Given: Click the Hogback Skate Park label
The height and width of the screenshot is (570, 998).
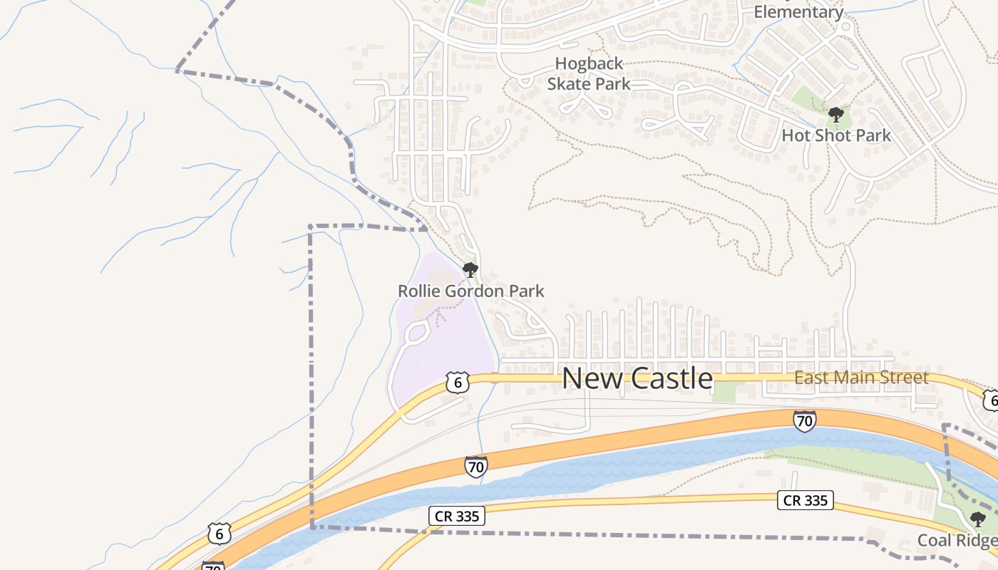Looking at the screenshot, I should [589, 74].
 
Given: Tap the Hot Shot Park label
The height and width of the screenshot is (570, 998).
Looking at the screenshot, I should [836, 135].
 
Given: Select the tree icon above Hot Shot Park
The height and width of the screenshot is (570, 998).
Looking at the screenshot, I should [836, 115].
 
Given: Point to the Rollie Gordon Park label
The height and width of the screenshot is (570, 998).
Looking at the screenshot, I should [470, 291].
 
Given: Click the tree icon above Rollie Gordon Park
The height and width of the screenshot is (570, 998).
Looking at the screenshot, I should [470, 270].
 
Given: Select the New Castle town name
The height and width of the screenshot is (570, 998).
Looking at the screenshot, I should [637, 378].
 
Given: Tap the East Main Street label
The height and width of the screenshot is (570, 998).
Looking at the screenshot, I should [861, 378].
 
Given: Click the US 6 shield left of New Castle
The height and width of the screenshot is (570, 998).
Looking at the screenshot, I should [458, 382].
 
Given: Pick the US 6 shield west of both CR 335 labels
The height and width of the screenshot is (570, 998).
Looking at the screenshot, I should [220, 533].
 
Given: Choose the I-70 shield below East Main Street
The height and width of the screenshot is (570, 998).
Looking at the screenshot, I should [804, 421].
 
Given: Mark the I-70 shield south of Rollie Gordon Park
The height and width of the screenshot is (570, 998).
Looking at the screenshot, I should [475, 467].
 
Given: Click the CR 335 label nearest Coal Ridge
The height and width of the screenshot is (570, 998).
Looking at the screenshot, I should [806, 500].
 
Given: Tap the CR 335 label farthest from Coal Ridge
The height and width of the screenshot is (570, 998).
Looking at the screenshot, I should [457, 516].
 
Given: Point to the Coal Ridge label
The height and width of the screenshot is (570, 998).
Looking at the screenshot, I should [957, 540].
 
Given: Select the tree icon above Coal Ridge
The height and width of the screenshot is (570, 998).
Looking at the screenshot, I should [977, 519].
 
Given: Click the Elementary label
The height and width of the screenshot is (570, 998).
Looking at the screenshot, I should [798, 12].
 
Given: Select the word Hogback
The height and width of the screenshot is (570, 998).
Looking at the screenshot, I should [589, 64].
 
